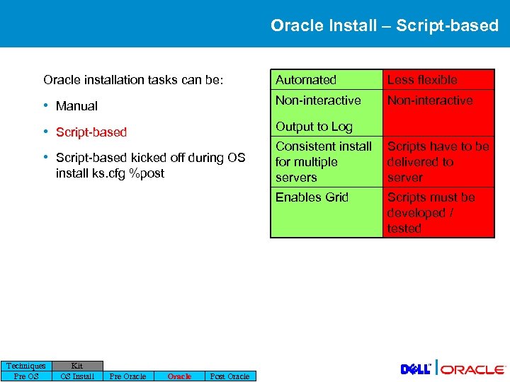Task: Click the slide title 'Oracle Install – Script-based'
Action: pos(384,25)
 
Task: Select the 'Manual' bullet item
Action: pos(76,106)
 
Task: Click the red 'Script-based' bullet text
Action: pos(91,132)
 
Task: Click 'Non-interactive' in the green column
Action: pos(318,100)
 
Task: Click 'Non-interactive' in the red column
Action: pos(430,100)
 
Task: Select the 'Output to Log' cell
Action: pos(314,127)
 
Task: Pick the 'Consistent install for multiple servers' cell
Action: pos(324,162)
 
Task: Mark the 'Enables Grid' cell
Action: pos(312,197)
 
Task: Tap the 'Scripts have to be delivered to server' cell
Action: pos(438,162)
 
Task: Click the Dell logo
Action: pos(416,369)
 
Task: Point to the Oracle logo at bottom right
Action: pos(473,369)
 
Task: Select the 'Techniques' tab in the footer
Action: pos(26,366)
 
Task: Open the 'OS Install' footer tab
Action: pos(77,376)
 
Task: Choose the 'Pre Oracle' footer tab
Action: pos(127,376)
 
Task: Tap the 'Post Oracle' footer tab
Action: pos(230,376)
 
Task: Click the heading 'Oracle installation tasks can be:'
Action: pos(133,80)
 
